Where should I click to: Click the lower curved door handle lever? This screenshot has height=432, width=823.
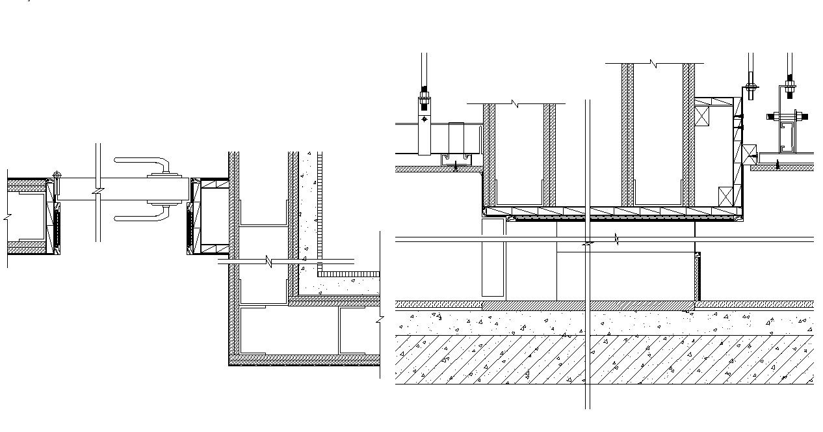(x=140, y=217)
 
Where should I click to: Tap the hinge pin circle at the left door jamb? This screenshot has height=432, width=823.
(x=57, y=175)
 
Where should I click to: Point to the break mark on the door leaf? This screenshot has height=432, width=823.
(x=98, y=193)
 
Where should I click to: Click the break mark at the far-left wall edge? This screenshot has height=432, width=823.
(x=7, y=215)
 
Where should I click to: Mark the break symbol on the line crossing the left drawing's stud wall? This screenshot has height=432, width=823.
(x=268, y=262)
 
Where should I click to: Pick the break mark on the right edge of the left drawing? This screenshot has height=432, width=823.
(x=379, y=319)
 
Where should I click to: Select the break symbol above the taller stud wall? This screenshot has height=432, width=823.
(x=654, y=64)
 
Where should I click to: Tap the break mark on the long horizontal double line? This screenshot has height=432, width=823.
(x=616, y=240)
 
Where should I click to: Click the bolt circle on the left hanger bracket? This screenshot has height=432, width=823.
(x=425, y=119)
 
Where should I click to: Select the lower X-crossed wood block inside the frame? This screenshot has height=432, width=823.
(x=726, y=196)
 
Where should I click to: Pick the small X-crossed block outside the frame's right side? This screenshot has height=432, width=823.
(x=750, y=154)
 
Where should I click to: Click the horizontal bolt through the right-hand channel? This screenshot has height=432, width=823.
(x=788, y=117)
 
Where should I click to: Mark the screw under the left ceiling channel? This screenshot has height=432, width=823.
(x=455, y=166)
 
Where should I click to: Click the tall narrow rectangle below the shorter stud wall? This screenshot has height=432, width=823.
(x=493, y=258)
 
